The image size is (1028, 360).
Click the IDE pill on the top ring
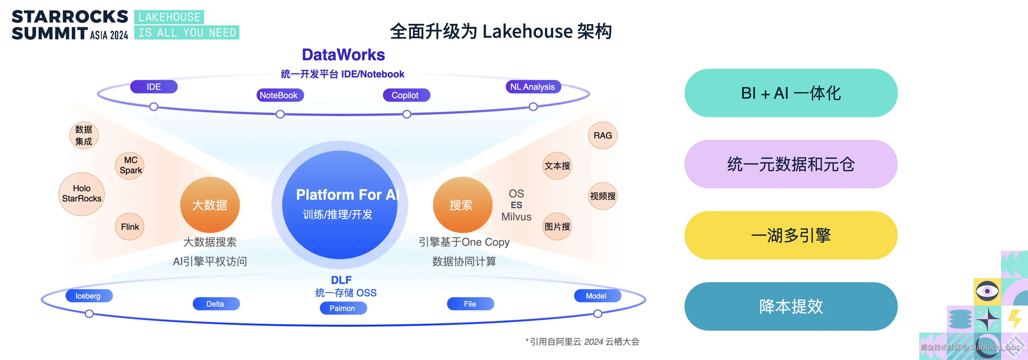click(x=154, y=87)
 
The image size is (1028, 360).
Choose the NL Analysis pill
click(x=533, y=87)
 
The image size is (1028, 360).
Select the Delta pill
click(x=216, y=304)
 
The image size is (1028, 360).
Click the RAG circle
click(x=603, y=135)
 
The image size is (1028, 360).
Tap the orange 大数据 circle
click(x=210, y=205)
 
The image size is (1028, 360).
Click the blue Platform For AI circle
click(x=340, y=205)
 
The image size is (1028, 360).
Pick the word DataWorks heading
click(x=343, y=55)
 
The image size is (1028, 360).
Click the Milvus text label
click(x=516, y=217)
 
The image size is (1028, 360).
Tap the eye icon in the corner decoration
click(x=987, y=291)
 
